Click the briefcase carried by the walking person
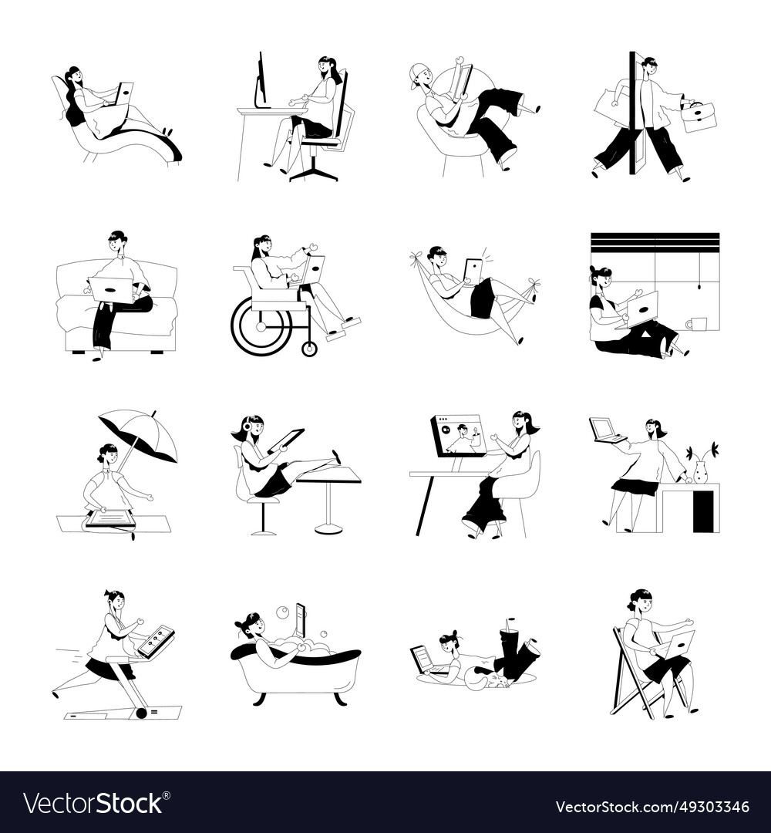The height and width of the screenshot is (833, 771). tap(699, 117)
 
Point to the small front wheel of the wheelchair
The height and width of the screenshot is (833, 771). tap(310, 349)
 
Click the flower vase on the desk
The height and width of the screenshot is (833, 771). tap(702, 472)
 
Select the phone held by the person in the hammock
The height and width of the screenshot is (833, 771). tap(472, 271)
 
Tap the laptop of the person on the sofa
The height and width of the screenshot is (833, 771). tap(113, 289)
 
